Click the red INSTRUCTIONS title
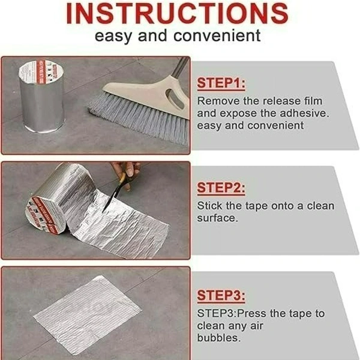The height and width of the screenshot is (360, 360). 177,13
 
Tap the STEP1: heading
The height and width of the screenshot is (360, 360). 221,83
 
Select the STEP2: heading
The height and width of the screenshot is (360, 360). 221,188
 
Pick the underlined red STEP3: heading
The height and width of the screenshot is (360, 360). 221,295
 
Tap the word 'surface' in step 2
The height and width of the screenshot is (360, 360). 217,218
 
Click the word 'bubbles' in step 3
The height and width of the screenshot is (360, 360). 219,338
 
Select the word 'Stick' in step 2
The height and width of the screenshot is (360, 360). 209,206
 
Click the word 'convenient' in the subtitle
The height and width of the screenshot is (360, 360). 217,36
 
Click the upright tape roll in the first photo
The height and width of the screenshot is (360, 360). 41,97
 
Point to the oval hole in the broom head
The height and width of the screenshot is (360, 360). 175,98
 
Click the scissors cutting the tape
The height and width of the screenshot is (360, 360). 114,193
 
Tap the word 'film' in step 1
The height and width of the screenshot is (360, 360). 313,101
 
